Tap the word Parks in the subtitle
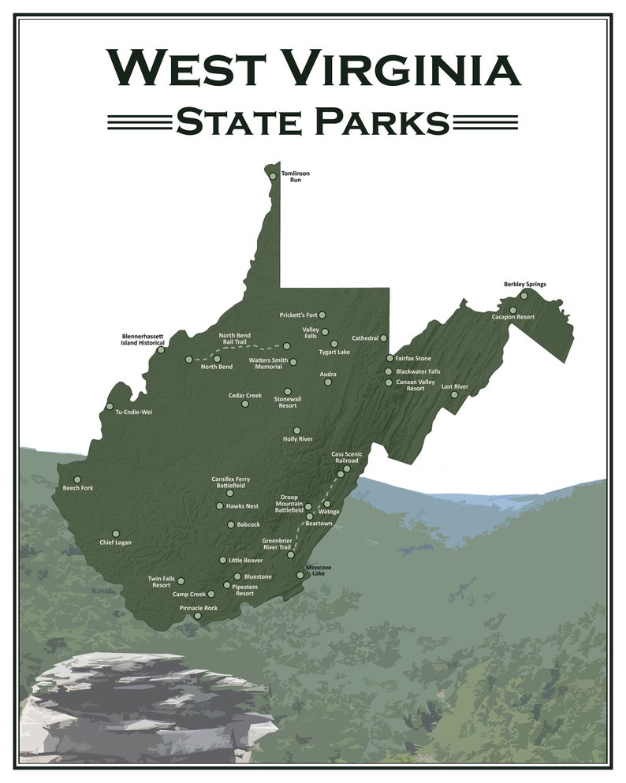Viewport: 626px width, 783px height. [382, 122]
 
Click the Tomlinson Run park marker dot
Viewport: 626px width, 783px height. [273, 176]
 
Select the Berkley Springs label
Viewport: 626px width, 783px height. [524, 284]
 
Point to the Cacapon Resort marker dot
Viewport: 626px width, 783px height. [512, 310]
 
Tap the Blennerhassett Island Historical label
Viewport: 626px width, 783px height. [143, 339]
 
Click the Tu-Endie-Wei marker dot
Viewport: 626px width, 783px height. [110, 407]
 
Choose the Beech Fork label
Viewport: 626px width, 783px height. [78, 488]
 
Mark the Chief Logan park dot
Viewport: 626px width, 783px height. [116, 534]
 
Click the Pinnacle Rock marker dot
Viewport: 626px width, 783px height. [198, 616]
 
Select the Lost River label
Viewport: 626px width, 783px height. [455, 386]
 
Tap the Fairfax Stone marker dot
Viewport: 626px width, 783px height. [389, 358]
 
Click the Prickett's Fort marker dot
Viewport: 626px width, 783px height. [322, 315]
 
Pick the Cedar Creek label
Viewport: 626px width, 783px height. [244, 395]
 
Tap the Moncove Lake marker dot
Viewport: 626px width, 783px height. [300, 575]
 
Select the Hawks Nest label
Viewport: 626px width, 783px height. [242, 506]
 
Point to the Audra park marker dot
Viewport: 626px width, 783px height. [328, 382]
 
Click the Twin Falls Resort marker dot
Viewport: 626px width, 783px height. [181, 580]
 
